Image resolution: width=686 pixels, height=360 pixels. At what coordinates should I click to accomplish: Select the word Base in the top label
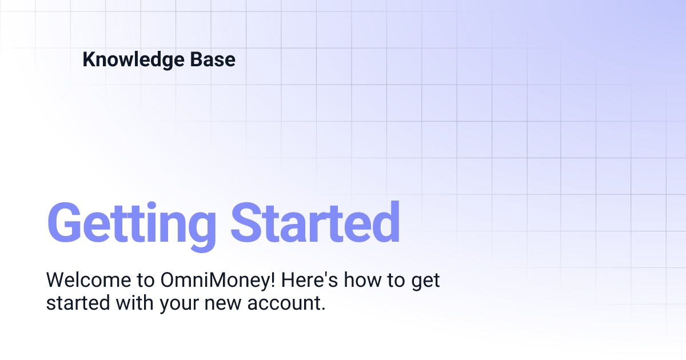pos(215,60)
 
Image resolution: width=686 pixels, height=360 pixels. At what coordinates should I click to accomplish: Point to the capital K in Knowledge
pos(89,60)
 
